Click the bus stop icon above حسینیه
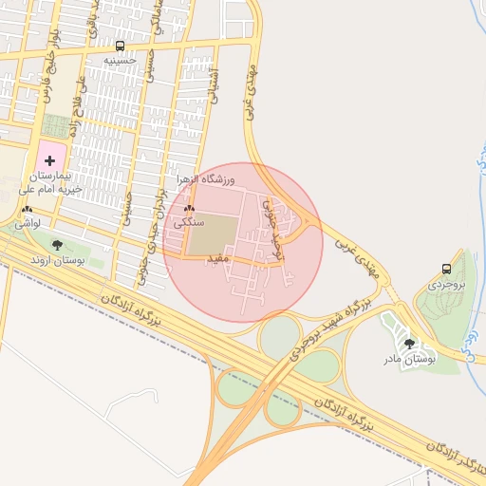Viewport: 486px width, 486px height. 120,46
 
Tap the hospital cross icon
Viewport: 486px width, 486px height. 49,161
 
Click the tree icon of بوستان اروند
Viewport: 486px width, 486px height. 57,245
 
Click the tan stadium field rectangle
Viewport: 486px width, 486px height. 211,234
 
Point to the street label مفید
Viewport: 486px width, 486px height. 217,257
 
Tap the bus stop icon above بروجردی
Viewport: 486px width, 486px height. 446,269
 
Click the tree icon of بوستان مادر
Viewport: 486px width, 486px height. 409,344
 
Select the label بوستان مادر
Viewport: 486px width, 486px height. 409,359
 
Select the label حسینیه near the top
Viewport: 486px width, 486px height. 121,60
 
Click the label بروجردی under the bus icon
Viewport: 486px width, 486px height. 446,284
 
